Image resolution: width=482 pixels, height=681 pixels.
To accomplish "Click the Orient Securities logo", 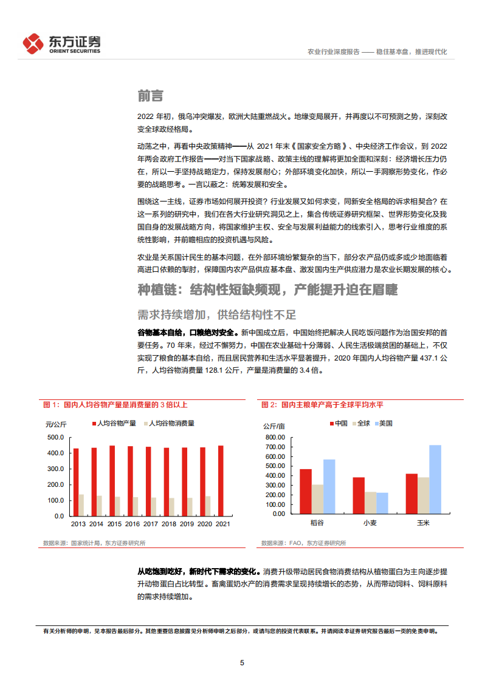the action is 61,43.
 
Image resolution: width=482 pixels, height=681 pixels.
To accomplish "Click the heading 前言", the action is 150,96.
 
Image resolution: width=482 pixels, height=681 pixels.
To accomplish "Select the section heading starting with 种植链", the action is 267,290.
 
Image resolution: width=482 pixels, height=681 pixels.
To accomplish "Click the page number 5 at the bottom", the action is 242,663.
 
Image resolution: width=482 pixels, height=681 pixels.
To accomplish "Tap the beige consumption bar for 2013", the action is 81,505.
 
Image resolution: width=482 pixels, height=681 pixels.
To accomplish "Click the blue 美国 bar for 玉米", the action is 435,479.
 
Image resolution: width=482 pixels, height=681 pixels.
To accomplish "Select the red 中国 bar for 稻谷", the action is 306,491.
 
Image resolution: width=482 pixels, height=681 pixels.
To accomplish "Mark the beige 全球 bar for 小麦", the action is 370,503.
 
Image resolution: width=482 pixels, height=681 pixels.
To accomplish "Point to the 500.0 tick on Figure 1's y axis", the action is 55,438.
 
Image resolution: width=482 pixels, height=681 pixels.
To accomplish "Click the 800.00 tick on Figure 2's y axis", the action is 275,437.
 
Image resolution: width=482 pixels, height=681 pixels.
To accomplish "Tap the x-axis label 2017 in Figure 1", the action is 150,524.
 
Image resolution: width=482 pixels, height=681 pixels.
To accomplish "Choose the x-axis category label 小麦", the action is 370,522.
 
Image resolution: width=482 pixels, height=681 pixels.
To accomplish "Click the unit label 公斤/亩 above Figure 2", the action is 274,424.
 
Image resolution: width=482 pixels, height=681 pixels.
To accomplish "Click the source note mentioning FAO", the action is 303,543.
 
